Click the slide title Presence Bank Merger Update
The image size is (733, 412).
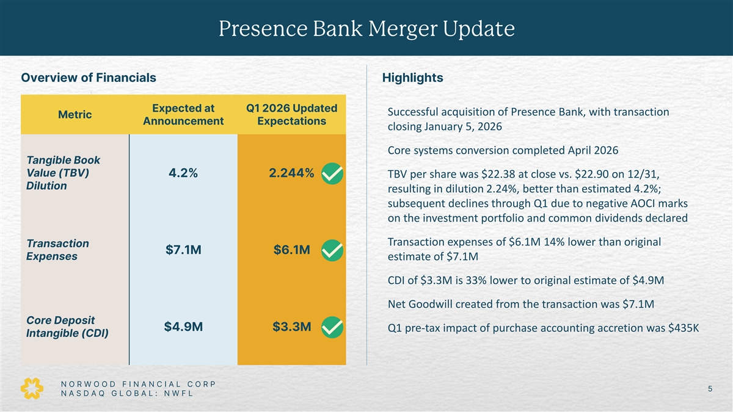[366, 28]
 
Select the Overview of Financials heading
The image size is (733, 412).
[89, 78]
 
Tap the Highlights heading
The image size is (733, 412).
[412, 78]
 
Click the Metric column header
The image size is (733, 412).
[75, 115]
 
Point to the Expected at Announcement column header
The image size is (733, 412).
[183, 115]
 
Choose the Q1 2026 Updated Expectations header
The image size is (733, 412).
[291, 115]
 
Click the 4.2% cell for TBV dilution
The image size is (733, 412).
[183, 173]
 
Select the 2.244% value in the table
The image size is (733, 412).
[291, 173]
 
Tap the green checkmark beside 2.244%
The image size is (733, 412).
[331, 175]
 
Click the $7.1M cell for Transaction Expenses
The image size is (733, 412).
[183, 250]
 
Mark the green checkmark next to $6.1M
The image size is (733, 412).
[331, 251]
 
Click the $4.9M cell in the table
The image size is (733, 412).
[183, 327]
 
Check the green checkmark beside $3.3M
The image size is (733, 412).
[331, 328]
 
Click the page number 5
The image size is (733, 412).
[710, 389]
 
